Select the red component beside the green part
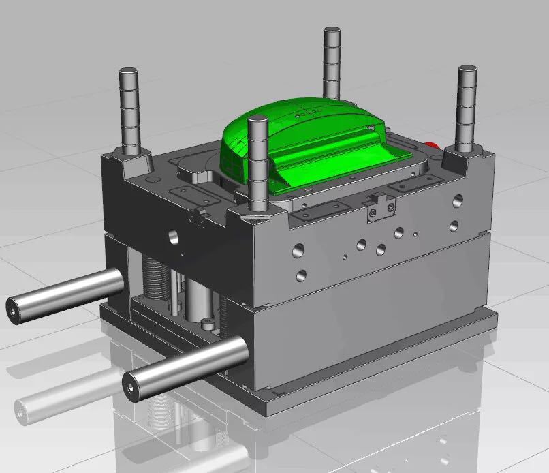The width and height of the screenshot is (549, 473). pos(430,144)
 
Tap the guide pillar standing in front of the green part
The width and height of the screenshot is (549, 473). pos(257,164)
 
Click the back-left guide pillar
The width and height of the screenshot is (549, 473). pos(129,109)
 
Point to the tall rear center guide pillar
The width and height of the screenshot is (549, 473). pos(332,61)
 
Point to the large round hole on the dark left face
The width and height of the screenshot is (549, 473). pos(174,236)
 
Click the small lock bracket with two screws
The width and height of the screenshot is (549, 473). pos(380,207)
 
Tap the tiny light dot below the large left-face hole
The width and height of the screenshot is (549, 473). pos(182,254)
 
